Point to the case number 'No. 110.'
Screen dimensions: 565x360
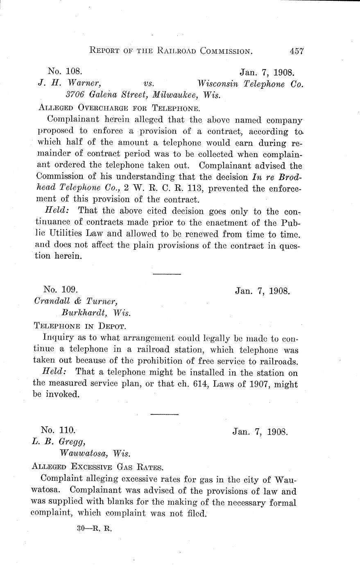58,430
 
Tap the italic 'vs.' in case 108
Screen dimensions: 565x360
149,84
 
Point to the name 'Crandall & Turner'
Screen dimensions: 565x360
76,302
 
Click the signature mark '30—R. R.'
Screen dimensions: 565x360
94,528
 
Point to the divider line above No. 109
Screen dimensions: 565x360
166,273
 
